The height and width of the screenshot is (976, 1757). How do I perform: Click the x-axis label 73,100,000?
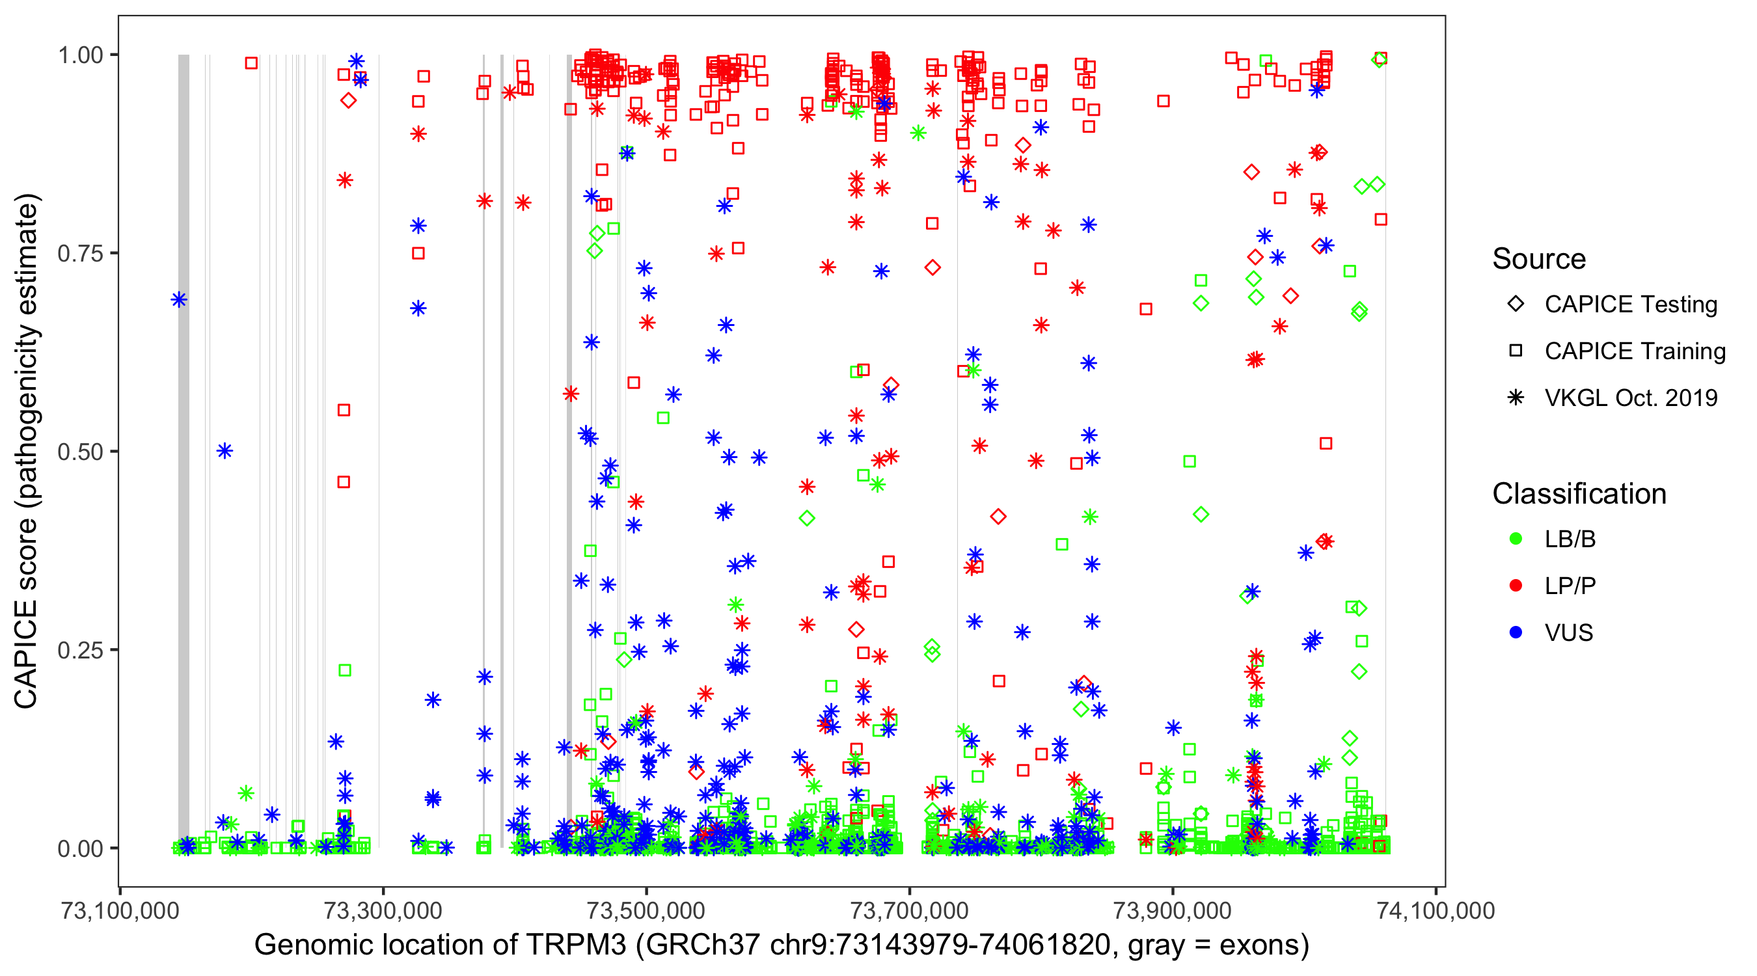(120, 910)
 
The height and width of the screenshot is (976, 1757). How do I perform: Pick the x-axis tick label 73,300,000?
(383, 910)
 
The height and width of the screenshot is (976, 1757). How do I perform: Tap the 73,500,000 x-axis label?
(647, 910)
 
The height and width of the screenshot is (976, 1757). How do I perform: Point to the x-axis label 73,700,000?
(910, 910)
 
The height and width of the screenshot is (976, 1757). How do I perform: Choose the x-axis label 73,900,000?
(1173, 910)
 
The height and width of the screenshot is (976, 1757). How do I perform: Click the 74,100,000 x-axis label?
(1436, 910)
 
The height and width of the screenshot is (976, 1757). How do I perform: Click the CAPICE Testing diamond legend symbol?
(1516, 305)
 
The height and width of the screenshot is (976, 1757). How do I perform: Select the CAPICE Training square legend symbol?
(1516, 351)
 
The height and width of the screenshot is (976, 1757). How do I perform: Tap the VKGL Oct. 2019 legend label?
(1631, 398)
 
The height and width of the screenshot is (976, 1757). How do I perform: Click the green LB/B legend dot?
(1516, 539)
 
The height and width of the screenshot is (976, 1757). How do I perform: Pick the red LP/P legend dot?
(1516, 586)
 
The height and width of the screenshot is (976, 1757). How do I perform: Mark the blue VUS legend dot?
(1516, 633)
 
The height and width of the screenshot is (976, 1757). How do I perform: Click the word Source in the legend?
(1539, 259)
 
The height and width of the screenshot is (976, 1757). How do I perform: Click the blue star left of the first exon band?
(179, 299)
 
